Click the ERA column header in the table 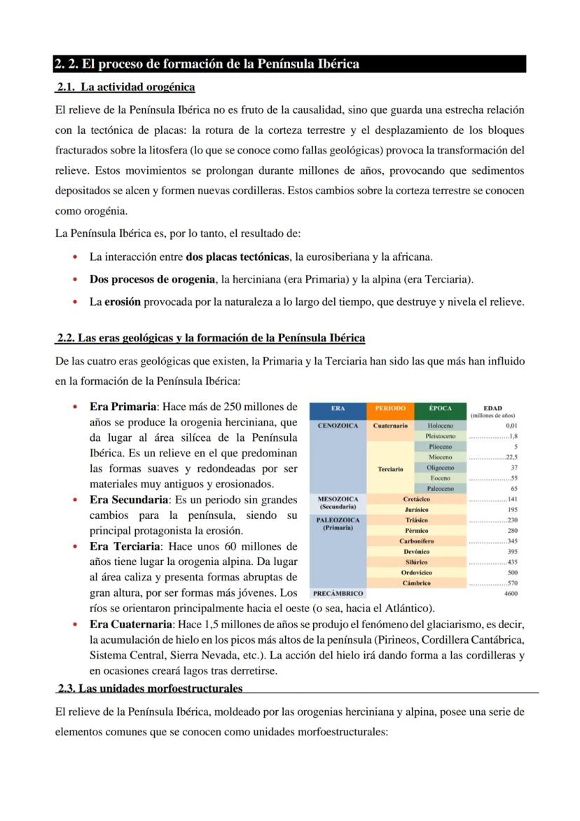(x=338, y=408)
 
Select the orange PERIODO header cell (x=390, y=408)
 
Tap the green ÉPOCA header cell (x=441, y=408)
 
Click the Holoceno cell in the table (x=441, y=426)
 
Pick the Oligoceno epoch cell (x=441, y=468)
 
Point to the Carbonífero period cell (x=417, y=541)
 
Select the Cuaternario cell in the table (x=390, y=426)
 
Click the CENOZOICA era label (x=338, y=426)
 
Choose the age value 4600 (x=510, y=593)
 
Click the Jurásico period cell (x=417, y=510)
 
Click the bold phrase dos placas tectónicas (x=237, y=257)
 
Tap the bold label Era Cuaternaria (x=131, y=624)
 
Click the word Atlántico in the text (x=407, y=608)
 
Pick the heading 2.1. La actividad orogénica (x=126, y=87)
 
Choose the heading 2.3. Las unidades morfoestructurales (x=150, y=688)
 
